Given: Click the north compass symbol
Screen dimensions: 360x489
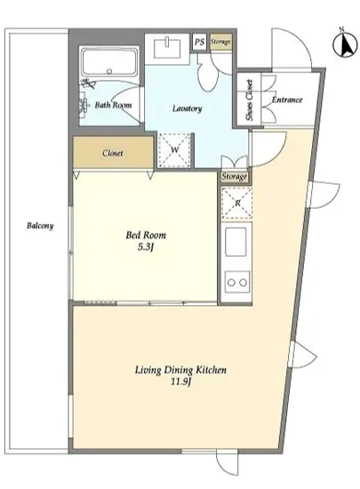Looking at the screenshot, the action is click(x=345, y=44).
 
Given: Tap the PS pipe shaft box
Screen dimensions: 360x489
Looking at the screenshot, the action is click(x=199, y=42).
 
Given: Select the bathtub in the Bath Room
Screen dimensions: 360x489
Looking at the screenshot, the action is click(x=109, y=63).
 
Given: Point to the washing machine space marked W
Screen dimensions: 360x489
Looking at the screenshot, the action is click(x=174, y=150).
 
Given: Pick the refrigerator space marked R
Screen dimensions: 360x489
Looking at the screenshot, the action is click(x=236, y=204).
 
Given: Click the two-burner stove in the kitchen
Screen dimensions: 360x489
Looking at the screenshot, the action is click(x=237, y=282).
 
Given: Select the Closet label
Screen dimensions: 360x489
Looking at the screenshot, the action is click(x=113, y=153).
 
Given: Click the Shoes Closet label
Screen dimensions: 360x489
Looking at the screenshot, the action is click(x=249, y=100).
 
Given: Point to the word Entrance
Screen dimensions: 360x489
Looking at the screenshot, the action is click(x=287, y=100).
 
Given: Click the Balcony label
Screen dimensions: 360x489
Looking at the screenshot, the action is click(x=40, y=226).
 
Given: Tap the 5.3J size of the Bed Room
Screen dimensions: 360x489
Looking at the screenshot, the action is click(x=146, y=247).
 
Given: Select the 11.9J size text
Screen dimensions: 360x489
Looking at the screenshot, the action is click(x=180, y=381).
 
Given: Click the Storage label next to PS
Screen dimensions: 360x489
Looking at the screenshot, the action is click(x=220, y=42).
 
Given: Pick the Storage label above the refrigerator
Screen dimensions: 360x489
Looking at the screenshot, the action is click(x=235, y=177).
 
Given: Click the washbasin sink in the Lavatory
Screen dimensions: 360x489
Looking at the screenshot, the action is click(x=168, y=48).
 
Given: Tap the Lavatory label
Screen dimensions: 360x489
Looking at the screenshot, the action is click(x=187, y=108).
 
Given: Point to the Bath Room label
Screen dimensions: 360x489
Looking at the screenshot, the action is click(x=113, y=105).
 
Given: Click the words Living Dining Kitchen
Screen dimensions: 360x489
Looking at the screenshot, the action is click(x=180, y=370).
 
